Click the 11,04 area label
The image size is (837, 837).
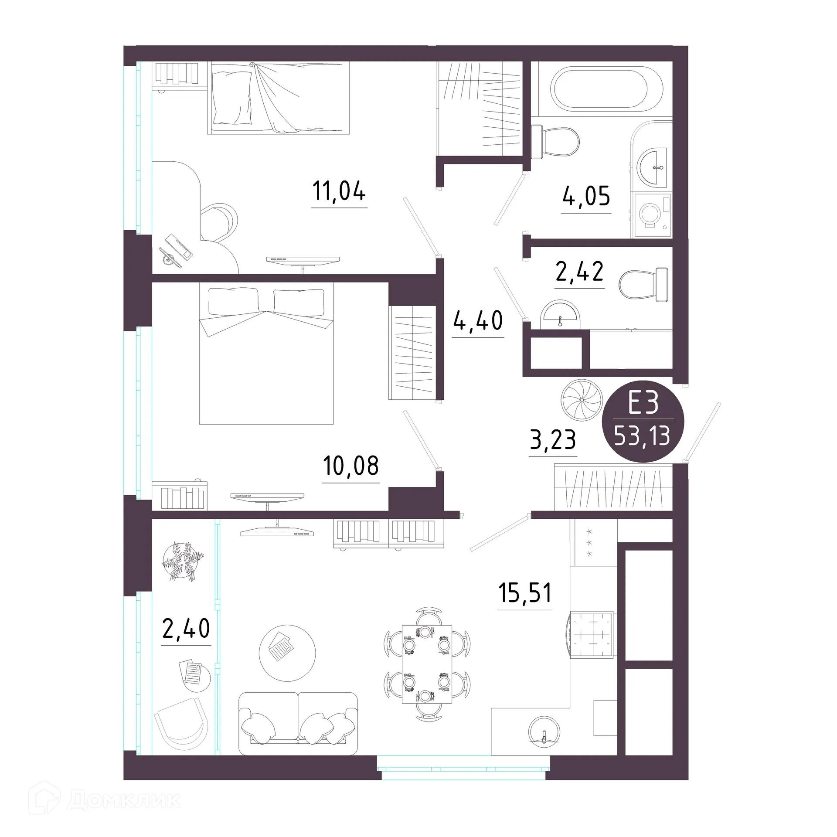coord(339,192)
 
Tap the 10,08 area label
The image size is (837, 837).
coord(350,466)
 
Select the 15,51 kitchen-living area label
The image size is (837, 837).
coord(524,593)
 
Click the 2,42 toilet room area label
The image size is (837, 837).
coord(579,272)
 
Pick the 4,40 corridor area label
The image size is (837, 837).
coord(478,321)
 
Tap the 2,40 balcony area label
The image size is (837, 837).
coord(186,629)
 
